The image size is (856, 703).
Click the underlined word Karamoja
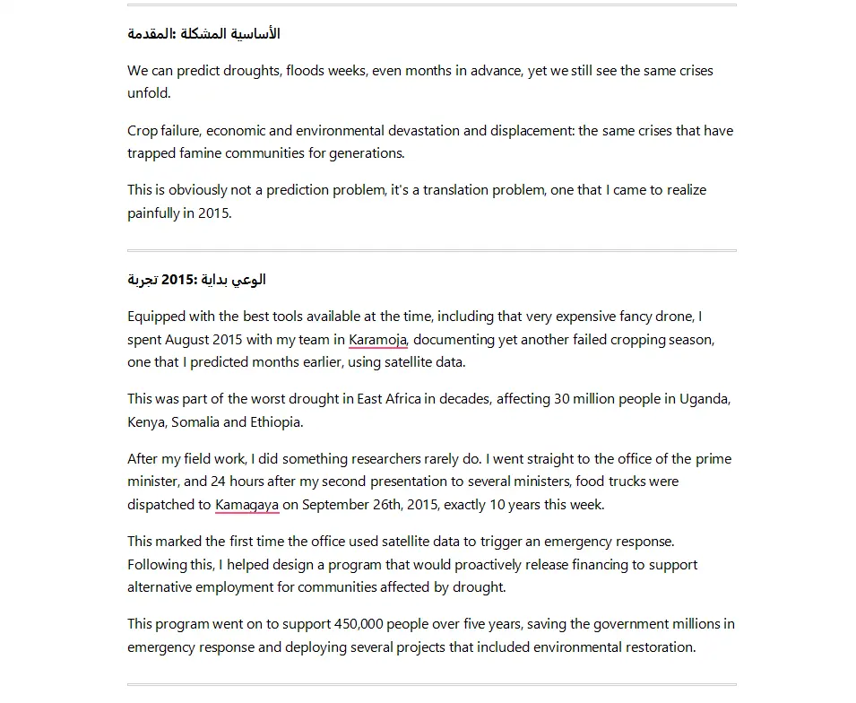coord(377,340)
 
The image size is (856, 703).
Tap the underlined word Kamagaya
coord(246,505)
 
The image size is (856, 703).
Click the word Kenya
coord(146,422)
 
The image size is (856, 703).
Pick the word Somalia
coord(195,422)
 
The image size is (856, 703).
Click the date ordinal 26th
coord(391,505)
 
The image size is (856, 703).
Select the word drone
coord(677,317)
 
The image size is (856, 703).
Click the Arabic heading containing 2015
coord(196,280)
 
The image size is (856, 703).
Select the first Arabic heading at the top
coord(203,34)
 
